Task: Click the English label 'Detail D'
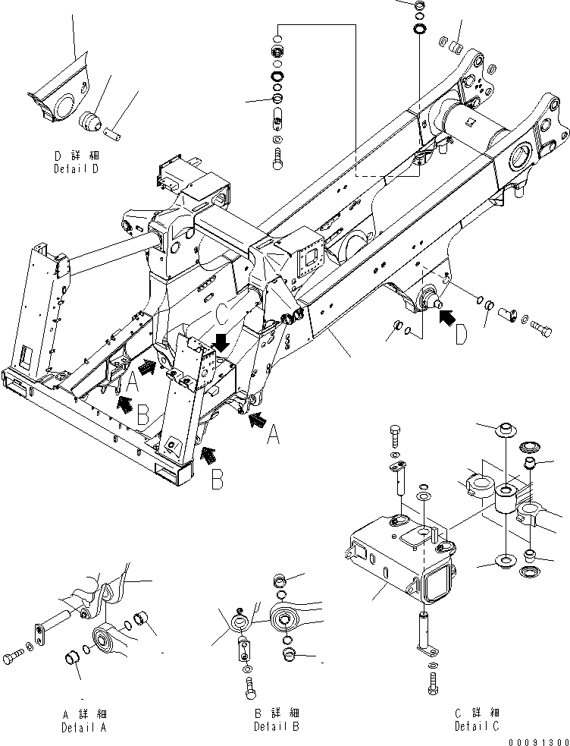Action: pyautogui.click(x=76, y=169)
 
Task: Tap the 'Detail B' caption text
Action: pyautogui.click(x=276, y=727)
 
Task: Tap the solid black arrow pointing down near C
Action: pyautogui.click(x=221, y=342)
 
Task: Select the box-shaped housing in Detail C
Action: pyautogui.click(x=390, y=554)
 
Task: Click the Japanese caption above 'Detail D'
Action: pyautogui.click(x=76, y=156)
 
